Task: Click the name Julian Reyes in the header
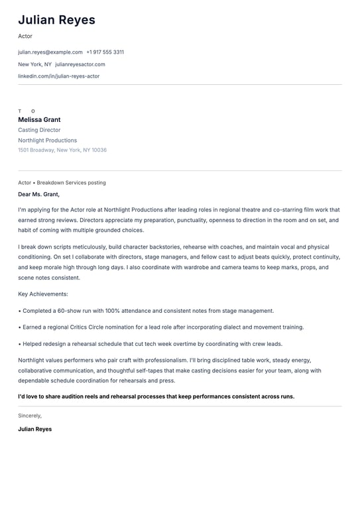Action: pyautogui.click(x=56, y=21)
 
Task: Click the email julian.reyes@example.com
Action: pyautogui.click(x=50, y=52)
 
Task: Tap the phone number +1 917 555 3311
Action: pyautogui.click(x=105, y=52)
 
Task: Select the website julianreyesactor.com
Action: pyautogui.click(x=80, y=64)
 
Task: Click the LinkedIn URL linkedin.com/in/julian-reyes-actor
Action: pyautogui.click(x=58, y=76)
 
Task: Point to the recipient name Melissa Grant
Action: pyautogui.click(x=39, y=120)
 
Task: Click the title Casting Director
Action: pyautogui.click(x=39, y=130)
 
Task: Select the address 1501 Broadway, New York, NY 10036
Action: pyautogui.click(x=62, y=150)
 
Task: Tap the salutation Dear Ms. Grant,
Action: pyautogui.click(x=38, y=194)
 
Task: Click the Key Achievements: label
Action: pyautogui.click(x=43, y=294)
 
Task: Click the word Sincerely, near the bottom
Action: pyautogui.click(x=30, y=416)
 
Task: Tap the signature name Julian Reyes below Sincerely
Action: pyautogui.click(x=34, y=429)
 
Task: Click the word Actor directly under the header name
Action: pyautogui.click(x=25, y=36)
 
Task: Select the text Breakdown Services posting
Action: pyautogui.click(x=71, y=182)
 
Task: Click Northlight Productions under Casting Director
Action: pyautogui.click(x=47, y=141)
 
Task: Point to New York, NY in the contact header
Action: pyautogui.click(x=34, y=64)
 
